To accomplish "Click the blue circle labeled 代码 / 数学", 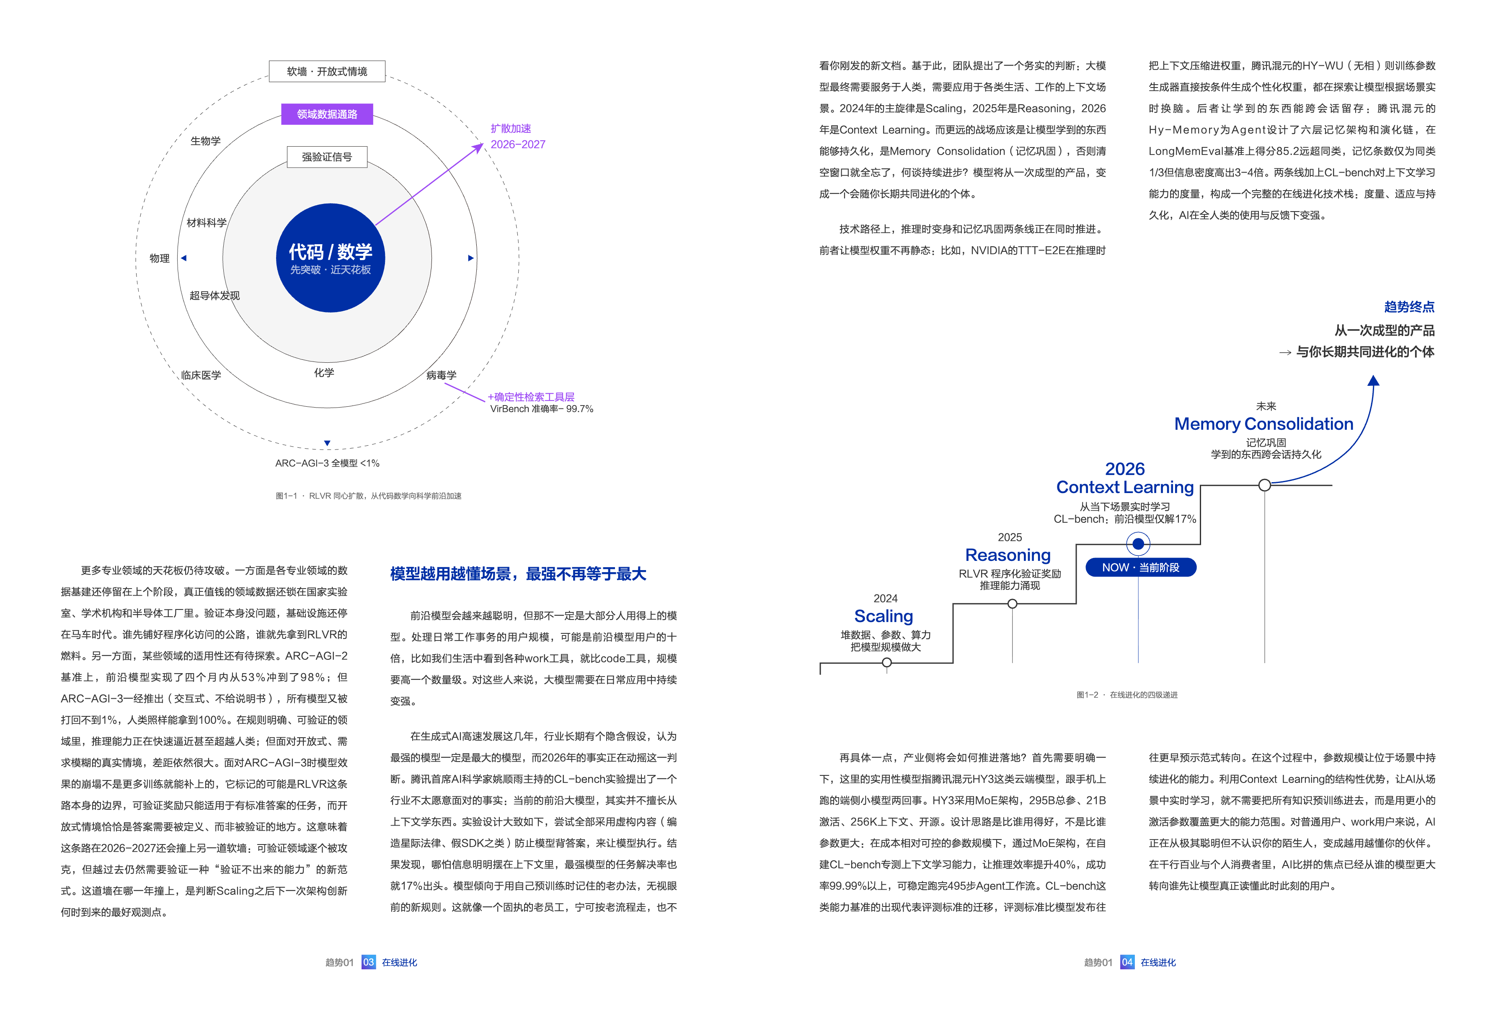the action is (x=330, y=258).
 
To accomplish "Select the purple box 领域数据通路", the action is (x=327, y=114).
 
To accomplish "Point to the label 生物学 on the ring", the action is (x=205, y=141).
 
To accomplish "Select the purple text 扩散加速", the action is (x=511, y=129).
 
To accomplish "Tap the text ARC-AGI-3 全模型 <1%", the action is (x=327, y=463).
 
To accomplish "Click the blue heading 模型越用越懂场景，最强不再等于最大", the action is (x=518, y=573).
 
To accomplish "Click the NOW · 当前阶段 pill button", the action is (x=1141, y=568).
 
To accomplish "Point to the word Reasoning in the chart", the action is (x=1008, y=555).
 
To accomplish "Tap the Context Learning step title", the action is (x=1125, y=487).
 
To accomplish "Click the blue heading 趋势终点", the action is (x=1409, y=307).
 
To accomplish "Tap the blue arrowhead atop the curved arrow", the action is (x=1373, y=380).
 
